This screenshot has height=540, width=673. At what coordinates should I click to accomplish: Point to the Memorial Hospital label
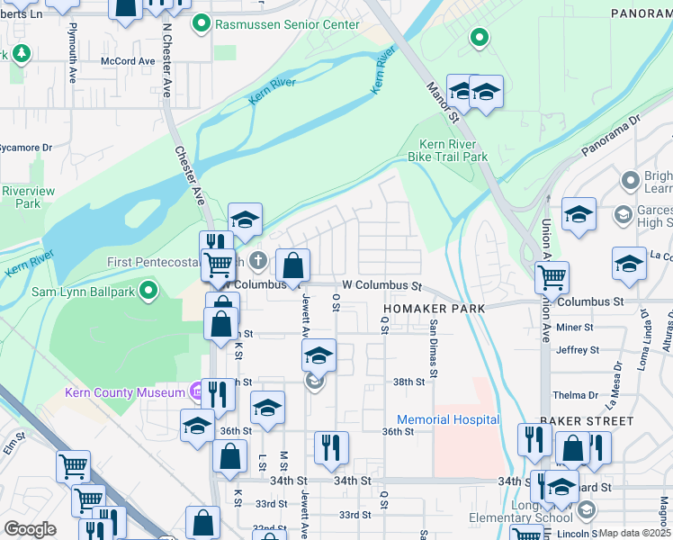(448, 419)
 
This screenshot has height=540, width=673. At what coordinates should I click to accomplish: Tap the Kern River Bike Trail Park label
(453, 150)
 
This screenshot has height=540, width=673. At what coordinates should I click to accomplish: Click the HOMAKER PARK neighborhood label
(433, 308)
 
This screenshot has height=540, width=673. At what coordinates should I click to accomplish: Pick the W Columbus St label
(382, 285)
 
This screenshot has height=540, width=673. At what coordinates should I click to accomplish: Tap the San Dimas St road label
(434, 349)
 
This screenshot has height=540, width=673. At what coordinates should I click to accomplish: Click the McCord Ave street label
(128, 61)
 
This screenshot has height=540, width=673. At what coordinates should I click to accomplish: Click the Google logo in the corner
(30, 528)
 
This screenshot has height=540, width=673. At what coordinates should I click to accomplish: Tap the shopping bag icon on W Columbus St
(292, 265)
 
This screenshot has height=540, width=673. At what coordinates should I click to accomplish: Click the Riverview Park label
(27, 197)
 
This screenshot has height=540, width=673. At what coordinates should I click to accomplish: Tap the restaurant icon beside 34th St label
(332, 447)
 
